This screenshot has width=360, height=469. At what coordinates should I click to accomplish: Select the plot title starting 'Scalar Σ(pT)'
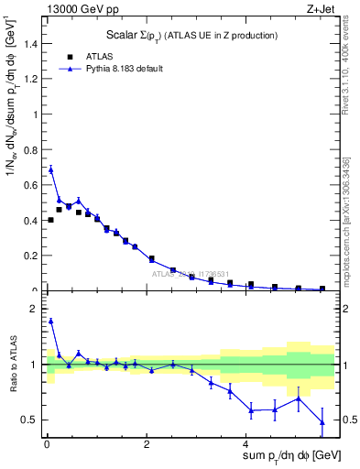click(x=186, y=35)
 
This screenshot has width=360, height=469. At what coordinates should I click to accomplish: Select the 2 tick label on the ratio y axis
click(x=35, y=309)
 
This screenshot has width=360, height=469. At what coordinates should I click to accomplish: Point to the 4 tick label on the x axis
click(x=249, y=443)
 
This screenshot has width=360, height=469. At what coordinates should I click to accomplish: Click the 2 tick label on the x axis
click(x=147, y=443)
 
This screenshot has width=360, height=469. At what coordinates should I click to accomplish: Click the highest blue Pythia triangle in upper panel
click(x=50, y=169)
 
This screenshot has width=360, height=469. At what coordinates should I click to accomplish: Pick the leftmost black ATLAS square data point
click(x=50, y=220)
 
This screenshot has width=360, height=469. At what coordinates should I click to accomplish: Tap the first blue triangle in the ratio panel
click(x=50, y=321)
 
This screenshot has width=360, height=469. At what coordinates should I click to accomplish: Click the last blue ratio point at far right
click(x=322, y=422)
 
